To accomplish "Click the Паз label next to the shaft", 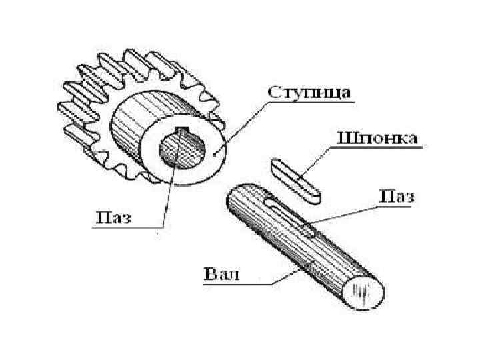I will click(x=397, y=196).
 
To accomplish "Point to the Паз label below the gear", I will click(x=115, y=217).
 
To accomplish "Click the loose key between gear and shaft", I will click(x=295, y=179).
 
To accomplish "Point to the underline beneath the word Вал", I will click(x=233, y=285).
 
